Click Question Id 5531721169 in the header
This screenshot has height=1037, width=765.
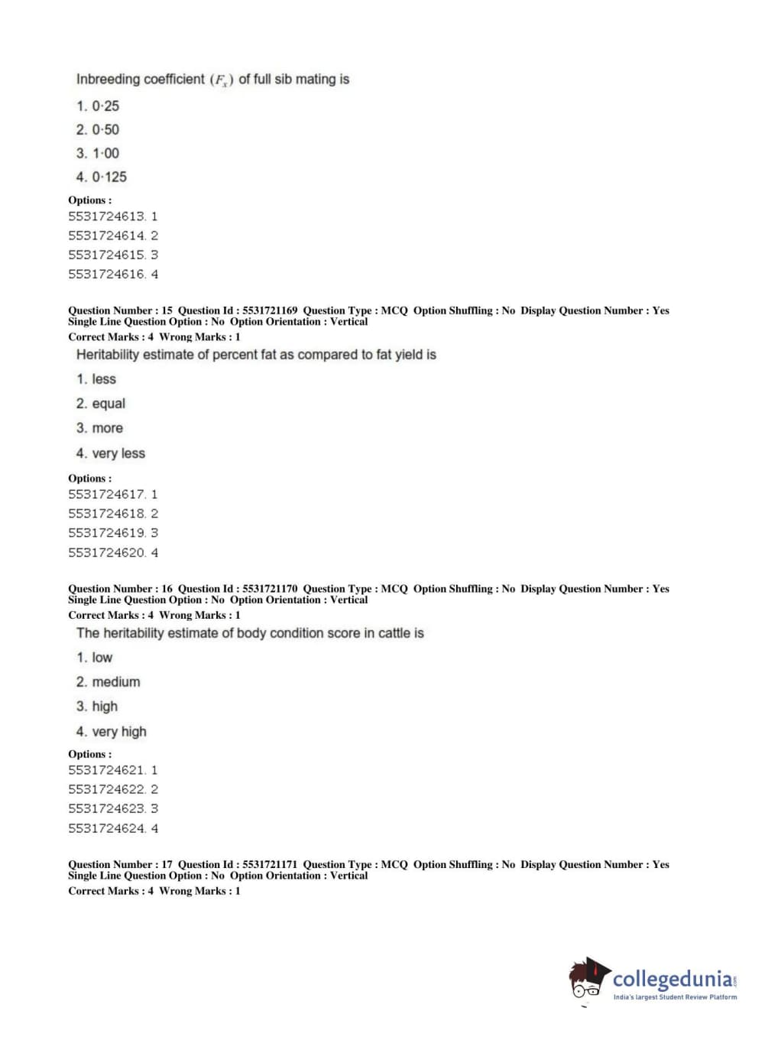tap(270, 310)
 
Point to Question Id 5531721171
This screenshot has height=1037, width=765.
tap(270, 864)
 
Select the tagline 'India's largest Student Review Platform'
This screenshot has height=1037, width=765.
tap(675, 997)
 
